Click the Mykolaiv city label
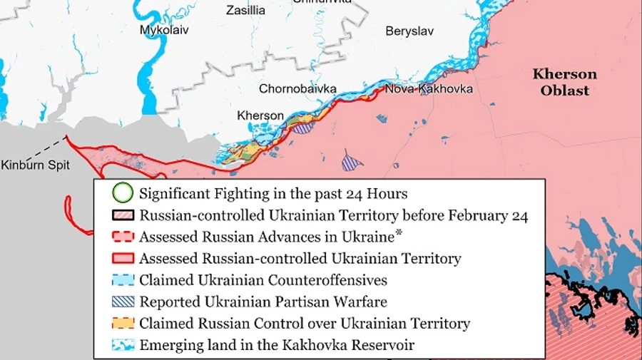[x=164, y=31]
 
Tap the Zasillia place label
[x=245, y=10]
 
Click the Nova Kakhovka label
[x=428, y=89]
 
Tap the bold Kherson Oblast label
[x=564, y=82]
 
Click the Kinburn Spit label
[x=35, y=165]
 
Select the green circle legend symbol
[x=123, y=193]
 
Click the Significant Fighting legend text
[x=273, y=193]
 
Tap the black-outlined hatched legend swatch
[x=123, y=215]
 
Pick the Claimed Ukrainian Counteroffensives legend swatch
[x=123, y=280]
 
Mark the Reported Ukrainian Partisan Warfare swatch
[x=123, y=302]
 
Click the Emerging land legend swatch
[x=123, y=345]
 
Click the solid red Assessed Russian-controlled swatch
[x=123, y=258]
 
